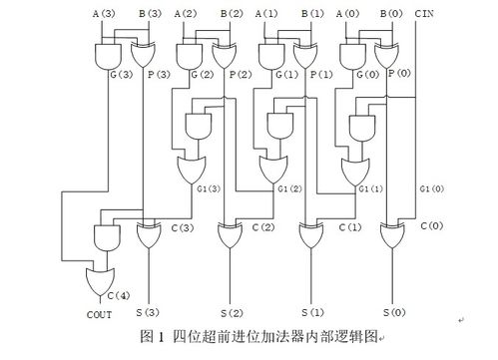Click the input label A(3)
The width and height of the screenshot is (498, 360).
point(104,13)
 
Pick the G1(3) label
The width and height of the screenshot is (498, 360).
point(207,189)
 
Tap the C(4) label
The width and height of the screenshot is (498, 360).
point(119,295)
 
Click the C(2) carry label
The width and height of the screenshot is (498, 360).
point(263,226)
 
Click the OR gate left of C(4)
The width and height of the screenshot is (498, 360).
point(101,280)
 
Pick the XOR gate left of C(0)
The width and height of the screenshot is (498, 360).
point(392,236)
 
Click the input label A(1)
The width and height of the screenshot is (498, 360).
point(266,13)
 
